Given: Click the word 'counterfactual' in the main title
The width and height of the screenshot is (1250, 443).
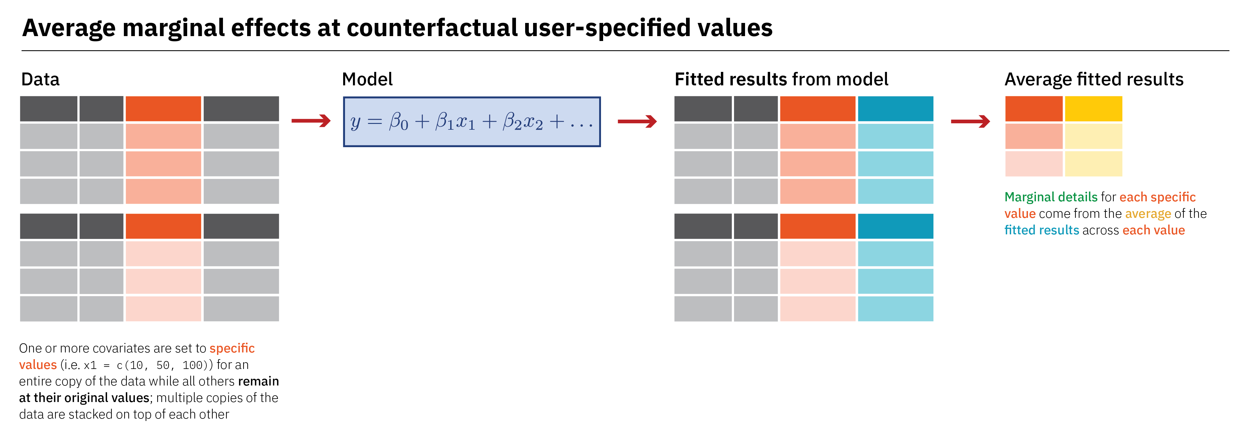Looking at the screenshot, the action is click(x=433, y=28).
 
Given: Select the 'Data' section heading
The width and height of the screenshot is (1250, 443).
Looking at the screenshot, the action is click(x=40, y=79).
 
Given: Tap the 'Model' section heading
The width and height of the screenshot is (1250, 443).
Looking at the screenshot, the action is click(x=367, y=79).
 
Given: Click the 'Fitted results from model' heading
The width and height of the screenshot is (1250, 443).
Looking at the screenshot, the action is click(x=781, y=79).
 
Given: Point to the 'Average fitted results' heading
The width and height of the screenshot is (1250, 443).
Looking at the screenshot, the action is click(x=1094, y=79).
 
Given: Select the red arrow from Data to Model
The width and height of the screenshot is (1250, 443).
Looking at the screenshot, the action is click(x=311, y=121).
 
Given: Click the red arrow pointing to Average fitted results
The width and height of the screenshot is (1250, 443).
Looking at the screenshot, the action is click(x=970, y=121).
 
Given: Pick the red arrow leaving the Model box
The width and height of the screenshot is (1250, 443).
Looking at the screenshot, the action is click(x=637, y=121).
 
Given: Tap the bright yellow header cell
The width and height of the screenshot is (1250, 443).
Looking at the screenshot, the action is click(x=1093, y=109).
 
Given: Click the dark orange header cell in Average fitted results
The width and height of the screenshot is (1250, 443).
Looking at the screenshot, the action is click(x=1033, y=109).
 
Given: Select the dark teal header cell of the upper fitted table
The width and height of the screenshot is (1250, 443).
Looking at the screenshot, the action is click(x=895, y=109).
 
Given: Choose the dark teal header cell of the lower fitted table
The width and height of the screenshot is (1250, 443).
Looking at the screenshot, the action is click(x=895, y=226).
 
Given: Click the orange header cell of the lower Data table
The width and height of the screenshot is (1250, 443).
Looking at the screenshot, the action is click(x=163, y=226).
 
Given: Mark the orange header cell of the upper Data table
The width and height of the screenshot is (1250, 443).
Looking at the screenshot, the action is click(x=163, y=109).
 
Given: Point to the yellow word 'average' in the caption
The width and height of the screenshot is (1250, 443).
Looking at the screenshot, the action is click(x=1148, y=214).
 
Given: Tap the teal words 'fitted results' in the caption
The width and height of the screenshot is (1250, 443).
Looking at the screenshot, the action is click(x=1042, y=230).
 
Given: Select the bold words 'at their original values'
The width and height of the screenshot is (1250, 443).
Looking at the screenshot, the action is click(x=84, y=398).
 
